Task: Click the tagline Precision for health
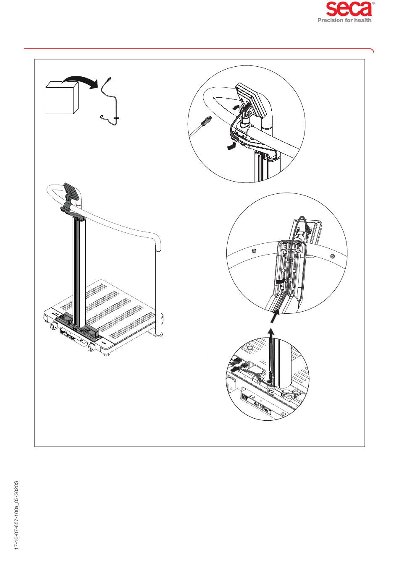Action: pyautogui.click(x=344, y=20)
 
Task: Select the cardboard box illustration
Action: pyautogui.click(x=62, y=98)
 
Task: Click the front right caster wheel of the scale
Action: pyautogui.click(x=92, y=348)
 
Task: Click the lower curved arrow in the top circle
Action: pyautogui.click(x=232, y=146)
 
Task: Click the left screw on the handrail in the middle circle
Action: pyautogui.click(x=254, y=250)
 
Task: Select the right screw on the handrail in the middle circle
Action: pyautogui.click(x=333, y=256)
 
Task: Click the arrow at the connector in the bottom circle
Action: pyautogui.click(x=235, y=370)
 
